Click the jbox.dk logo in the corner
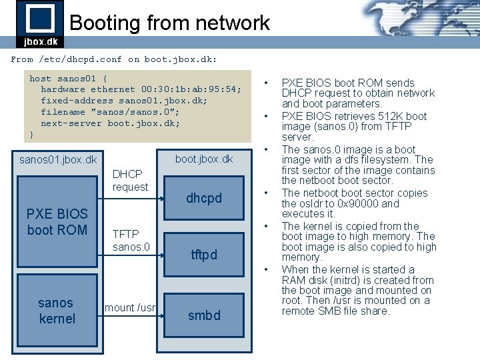point(40,24)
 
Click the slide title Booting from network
point(169,23)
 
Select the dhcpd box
point(204,199)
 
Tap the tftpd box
point(204,255)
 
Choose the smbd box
point(204,315)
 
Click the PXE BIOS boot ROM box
point(57,222)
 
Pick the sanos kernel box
point(57,311)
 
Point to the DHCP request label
point(130,181)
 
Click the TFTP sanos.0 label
point(131,241)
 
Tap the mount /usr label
point(129,307)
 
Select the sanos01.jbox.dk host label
point(58,160)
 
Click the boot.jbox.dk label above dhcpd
point(204,159)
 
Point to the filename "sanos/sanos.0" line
point(110,112)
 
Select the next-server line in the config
point(110,123)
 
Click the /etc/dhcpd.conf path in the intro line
point(80,59)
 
